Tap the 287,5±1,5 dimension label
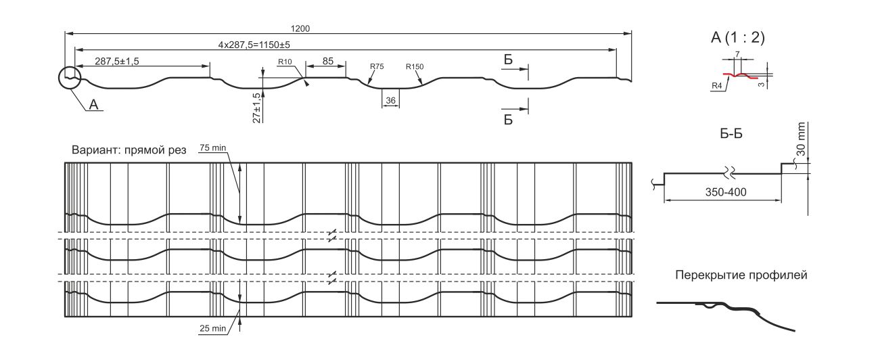point(117,61)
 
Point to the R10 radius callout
point(285,62)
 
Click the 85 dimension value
point(327,61)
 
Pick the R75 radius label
point(377,66)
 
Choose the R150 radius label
point(415,66)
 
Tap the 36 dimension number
point(390,100)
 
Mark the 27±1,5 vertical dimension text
point(256,108)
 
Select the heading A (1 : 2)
point(737,38)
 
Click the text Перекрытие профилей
point(741,275)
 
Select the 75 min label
point(213,148)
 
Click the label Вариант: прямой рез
point(128,150)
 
